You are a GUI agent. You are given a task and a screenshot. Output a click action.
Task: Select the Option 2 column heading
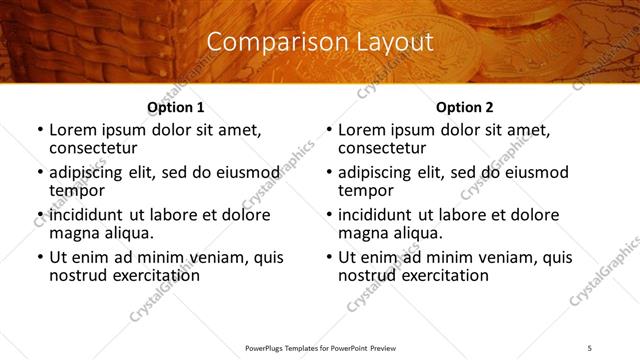465,107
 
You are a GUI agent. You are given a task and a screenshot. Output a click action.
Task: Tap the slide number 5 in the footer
589,348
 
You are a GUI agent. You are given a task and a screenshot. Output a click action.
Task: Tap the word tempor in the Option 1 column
76,191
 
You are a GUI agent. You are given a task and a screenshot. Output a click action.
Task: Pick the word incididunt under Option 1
88,215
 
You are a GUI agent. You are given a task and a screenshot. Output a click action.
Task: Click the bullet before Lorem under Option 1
40,130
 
